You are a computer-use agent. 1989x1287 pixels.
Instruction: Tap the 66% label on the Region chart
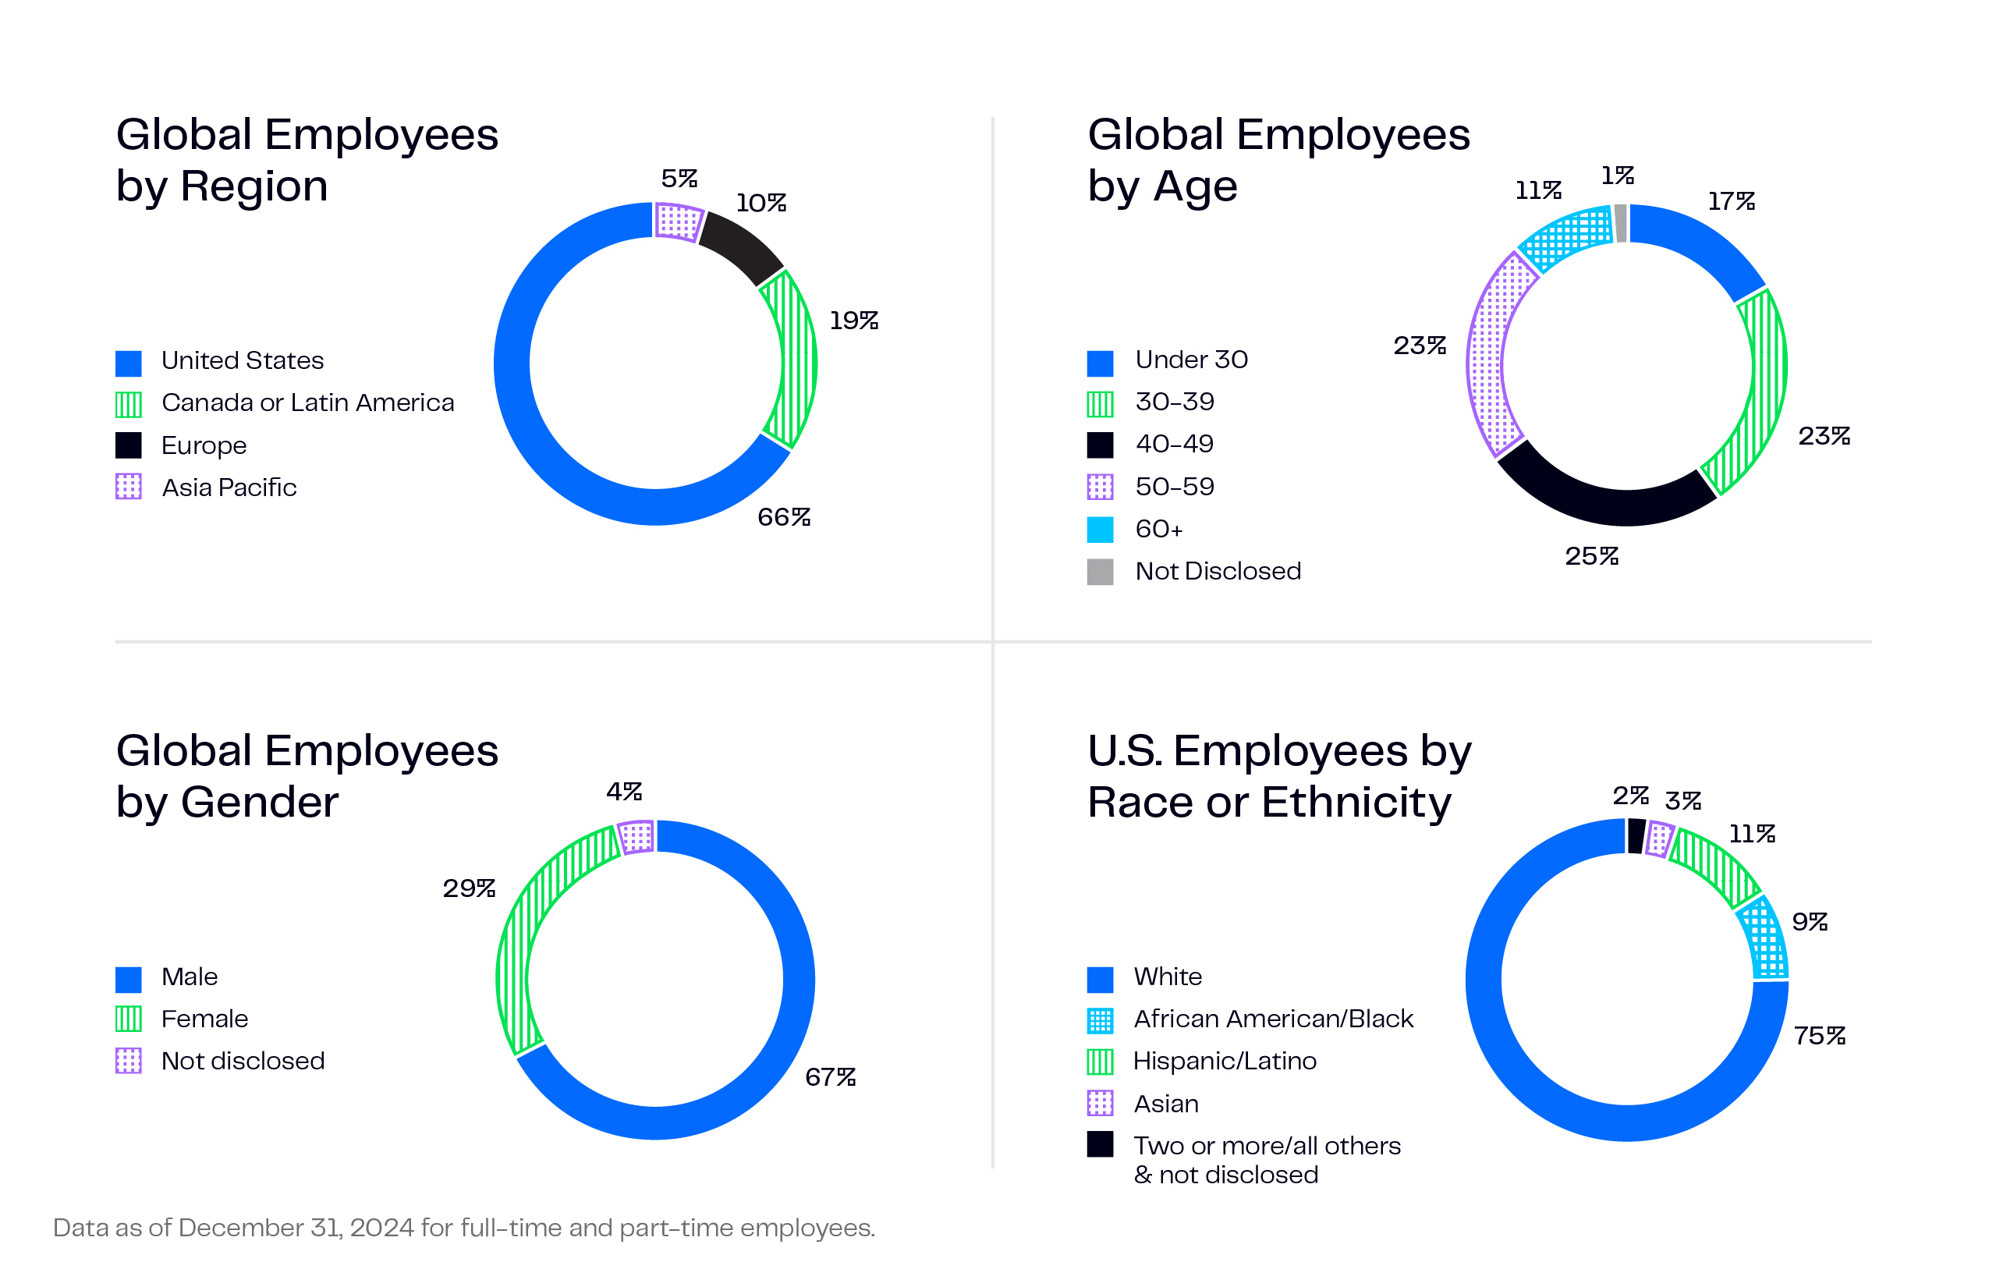[783, 517]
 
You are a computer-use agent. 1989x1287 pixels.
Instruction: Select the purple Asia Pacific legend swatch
[128, 487]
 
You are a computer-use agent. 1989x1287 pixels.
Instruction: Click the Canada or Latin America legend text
[307, 402]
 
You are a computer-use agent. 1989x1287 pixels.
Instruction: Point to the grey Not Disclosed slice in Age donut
[1621, 223]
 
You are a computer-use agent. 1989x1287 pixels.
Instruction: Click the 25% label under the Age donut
[1590, 557]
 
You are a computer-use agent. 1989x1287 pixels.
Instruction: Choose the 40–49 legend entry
[1173, 444]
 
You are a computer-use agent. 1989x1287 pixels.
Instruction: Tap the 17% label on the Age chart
[1730, 201]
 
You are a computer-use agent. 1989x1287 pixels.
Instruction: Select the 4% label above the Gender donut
[623, 792]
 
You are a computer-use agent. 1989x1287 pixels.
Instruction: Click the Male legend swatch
[128, 979]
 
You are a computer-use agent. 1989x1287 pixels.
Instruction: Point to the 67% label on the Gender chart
[829, 1077]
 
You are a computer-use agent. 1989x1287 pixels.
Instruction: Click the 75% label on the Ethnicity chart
[1818, 1037]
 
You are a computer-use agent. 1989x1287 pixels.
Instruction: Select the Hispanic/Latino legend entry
[1224, 1062]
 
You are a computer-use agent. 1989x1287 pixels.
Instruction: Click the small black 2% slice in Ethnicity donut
[1636, 835]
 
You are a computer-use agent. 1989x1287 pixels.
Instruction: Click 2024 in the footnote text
[382, 1228]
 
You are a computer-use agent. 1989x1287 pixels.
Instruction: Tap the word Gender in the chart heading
[259, 803]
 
